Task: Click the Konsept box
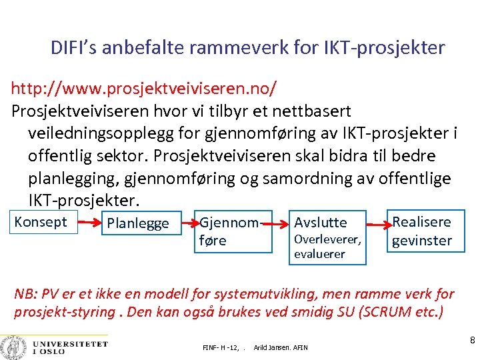click(x=41, y=222)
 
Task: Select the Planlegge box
click(x=138, y=223)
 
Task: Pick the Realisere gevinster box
click(x=422, y=231)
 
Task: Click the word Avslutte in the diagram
click(x=321, y=223)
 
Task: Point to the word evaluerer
click(x=319, y=254)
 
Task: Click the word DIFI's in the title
click(x=74, y=48)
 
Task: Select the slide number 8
click(x=472, y=341)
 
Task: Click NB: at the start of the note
click(x=26, y=293)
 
